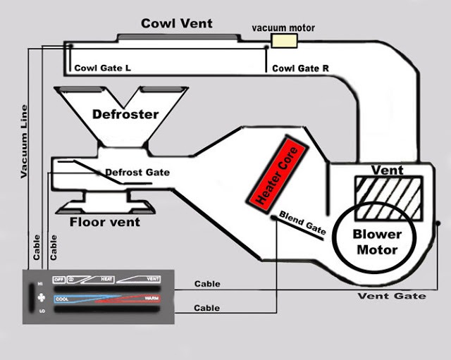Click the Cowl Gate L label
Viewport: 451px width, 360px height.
pyautogui.click(x=103, y=68)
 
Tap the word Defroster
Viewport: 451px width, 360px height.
pyautogui.click(x=125, y=114)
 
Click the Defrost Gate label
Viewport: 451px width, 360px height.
pyautogui.click(x=137, y=172)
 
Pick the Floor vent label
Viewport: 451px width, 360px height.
pyautogui.click(x=104, y=222)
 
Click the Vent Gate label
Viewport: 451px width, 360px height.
pyautogui.click(x=392, y=296)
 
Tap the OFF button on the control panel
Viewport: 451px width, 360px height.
pyautogui.click(x=59, y=280)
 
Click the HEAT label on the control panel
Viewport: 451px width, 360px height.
pyautogui.click(x=107, y=280)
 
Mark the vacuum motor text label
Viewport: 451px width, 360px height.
pyautogui.click(x=283, y=27)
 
